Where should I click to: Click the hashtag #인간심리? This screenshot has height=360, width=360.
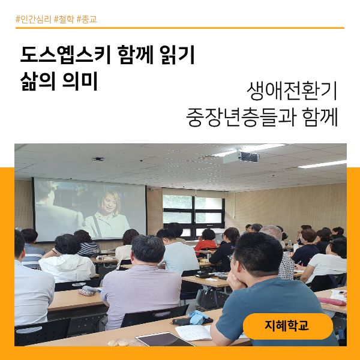pyautogui.click(x=34, y=19)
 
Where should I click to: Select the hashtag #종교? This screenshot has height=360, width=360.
pyautogui.click(x=88, y=19)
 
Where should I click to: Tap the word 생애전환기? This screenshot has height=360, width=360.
pyautogui.click(x=292, y=91)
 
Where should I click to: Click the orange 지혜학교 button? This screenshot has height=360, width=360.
pyautogui.click(x=287, y=326)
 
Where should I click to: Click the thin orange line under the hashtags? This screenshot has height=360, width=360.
pyautogui.click(x=179, y=28)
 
